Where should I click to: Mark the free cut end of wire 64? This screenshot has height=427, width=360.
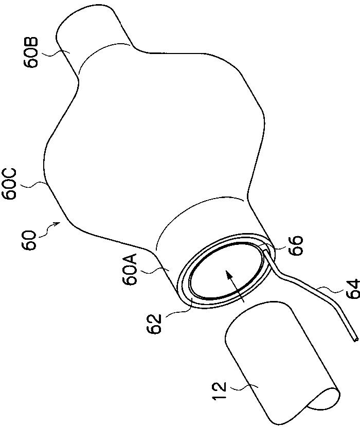[354, 339]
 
